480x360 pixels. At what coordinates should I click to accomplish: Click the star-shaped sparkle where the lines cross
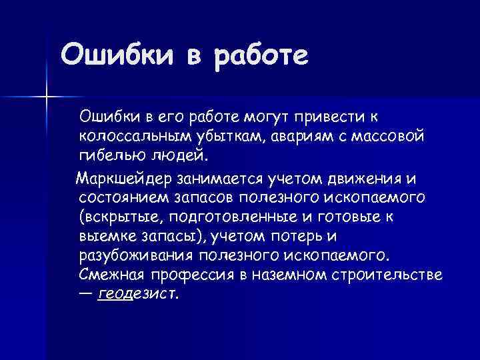coord(47,97)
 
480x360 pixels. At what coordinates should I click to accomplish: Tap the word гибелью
coord(111,156)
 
